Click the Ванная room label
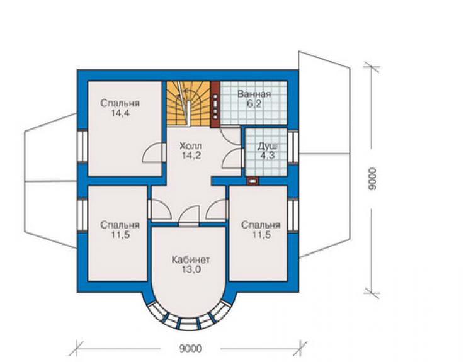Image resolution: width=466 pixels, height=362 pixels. click(x=254, y=94)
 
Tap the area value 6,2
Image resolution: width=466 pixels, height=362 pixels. click(x=254, y=104)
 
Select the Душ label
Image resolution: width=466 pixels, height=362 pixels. click(x=268, y=146)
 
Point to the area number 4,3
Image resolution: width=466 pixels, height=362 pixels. click(x=268, y=156)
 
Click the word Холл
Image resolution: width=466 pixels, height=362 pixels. click(x=191, y=145)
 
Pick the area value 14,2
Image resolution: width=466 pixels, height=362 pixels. click(x=191, y=155)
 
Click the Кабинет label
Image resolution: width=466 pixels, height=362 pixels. click(x=191, y=259)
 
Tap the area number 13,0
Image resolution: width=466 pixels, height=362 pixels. click(x=191, y=269)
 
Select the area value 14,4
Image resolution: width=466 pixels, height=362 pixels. click(x=120, y=113)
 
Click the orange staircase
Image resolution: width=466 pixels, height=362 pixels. click(x=188, y=103)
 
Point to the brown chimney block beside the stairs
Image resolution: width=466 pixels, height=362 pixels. click(x=215, y=105)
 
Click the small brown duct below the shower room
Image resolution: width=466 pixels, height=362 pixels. click(x=253, y=181)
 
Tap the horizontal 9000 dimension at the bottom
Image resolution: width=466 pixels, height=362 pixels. click(x=191, y=348)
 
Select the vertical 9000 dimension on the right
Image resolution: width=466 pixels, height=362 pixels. click(x=372, y=179)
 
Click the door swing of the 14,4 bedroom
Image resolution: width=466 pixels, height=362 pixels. click(x=154, y=153)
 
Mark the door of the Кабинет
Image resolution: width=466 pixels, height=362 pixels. click(x=189, y=216)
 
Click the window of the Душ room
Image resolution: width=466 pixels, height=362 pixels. click(x=293, y=147)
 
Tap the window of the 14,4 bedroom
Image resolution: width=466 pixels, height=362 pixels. click(x=82, y=147)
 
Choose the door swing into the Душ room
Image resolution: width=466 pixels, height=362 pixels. click(x=233, y=159)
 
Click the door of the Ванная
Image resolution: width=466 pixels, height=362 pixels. click(x=230, y=136)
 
